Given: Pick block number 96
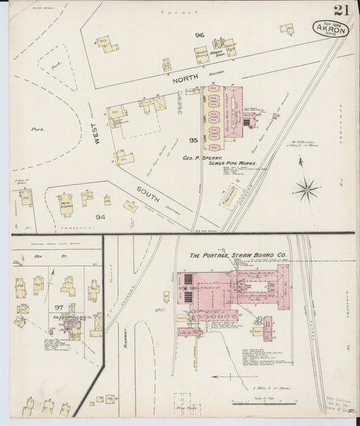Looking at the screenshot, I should coord(199,36).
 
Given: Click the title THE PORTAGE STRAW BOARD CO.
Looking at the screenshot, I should coord(238,256).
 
